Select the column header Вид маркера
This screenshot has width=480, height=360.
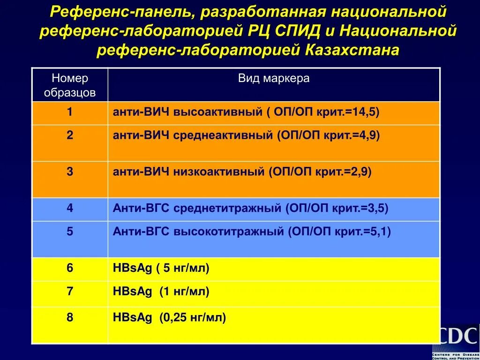coord(274,78)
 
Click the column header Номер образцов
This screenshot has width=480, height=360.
coord(70,85)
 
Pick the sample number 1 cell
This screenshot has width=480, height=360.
coord(70,112)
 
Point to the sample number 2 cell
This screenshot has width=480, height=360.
coord(70,135)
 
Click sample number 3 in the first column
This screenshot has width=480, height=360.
coord(70,172)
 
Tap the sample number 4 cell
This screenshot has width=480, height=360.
coord(70,208)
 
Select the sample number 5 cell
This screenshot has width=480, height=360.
coord(70,232)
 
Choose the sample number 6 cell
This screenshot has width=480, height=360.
coord(70,268)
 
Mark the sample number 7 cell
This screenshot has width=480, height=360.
coord(70,292)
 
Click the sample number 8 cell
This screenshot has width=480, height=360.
coord(70,317)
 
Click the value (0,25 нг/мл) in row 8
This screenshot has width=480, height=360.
coord(193,318)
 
